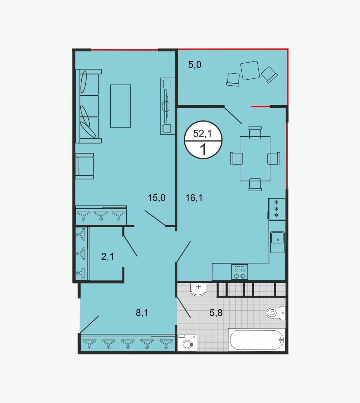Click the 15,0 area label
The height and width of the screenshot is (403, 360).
tap(156, 198)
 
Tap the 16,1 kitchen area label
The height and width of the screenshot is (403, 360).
tap(194, 198)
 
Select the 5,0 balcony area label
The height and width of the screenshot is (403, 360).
tap(194, 65)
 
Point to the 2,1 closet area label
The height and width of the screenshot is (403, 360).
tap(108, 257)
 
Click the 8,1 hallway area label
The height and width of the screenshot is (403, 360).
tap(142, 313)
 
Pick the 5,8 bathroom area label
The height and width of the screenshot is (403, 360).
tap(216, 313)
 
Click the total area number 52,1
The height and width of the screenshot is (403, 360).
tap(202, 134)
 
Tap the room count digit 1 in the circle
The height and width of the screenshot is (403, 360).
tap(203, 150)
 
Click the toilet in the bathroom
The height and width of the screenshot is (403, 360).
tap(275, 313)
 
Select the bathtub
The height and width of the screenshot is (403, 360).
tap(257, 340)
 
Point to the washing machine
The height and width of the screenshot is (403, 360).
tap(187, 343)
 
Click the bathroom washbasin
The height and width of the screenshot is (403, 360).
tap(198, 289)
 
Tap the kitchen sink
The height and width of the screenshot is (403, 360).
tap(277, 242)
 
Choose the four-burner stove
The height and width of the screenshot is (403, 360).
tap(239, 272)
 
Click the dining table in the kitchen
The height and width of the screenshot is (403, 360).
tap(255, 159)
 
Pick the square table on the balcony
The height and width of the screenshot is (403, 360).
tap(250, 70)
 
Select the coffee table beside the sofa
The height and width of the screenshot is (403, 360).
tap(120, 106)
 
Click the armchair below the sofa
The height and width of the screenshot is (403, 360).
tap(85, 166)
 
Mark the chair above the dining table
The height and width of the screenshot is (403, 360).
tap(255, 132)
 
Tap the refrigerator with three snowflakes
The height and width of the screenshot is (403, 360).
tap(277, 209)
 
